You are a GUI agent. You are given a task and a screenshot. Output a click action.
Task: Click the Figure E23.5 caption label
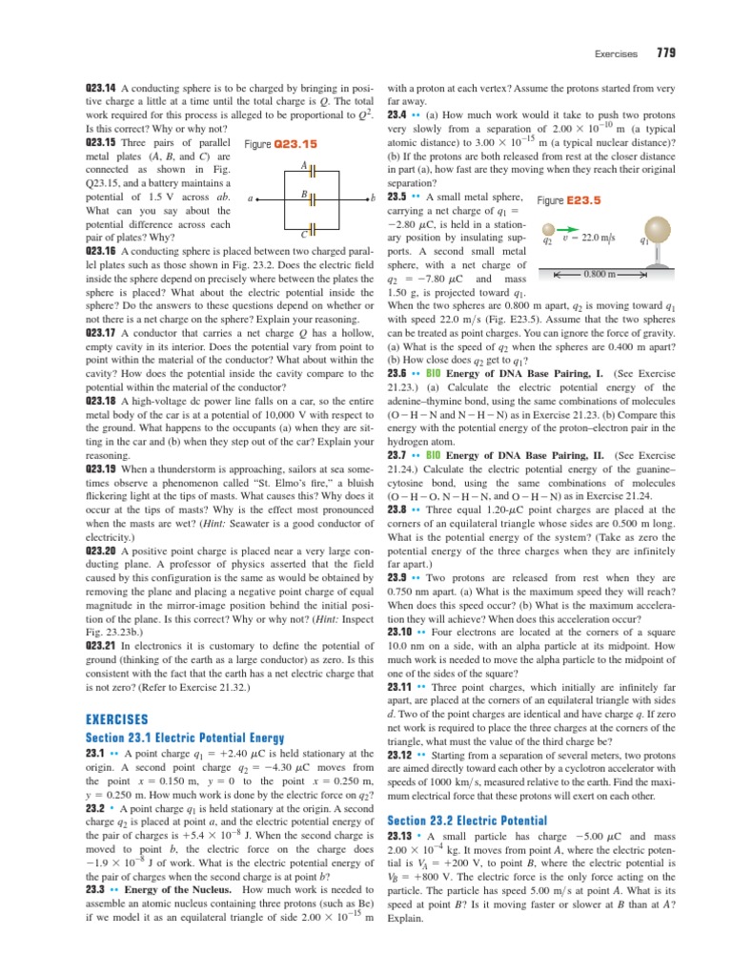[x=569, y=201]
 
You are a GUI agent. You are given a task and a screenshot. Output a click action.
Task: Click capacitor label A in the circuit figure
[x=302, y=164]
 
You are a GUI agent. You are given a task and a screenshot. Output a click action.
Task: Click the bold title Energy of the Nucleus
[x=188, y=889]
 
